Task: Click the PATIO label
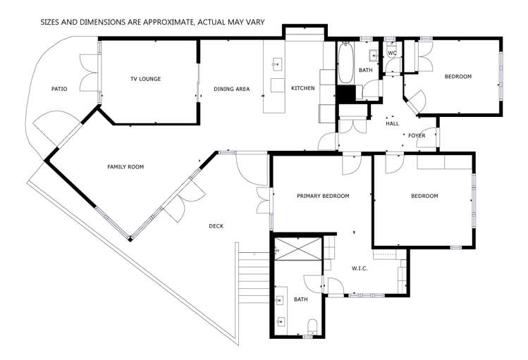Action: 59,89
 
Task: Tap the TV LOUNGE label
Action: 145,79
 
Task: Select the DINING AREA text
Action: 232,89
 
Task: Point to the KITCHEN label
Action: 302,88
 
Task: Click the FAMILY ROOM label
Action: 125,167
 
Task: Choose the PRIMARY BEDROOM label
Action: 322,196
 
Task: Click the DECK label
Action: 216,226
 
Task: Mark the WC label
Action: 393,54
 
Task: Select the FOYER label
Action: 417,135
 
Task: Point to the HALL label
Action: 392,123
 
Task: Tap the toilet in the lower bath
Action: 312,325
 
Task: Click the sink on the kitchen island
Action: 276,66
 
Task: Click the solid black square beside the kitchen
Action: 345,94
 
